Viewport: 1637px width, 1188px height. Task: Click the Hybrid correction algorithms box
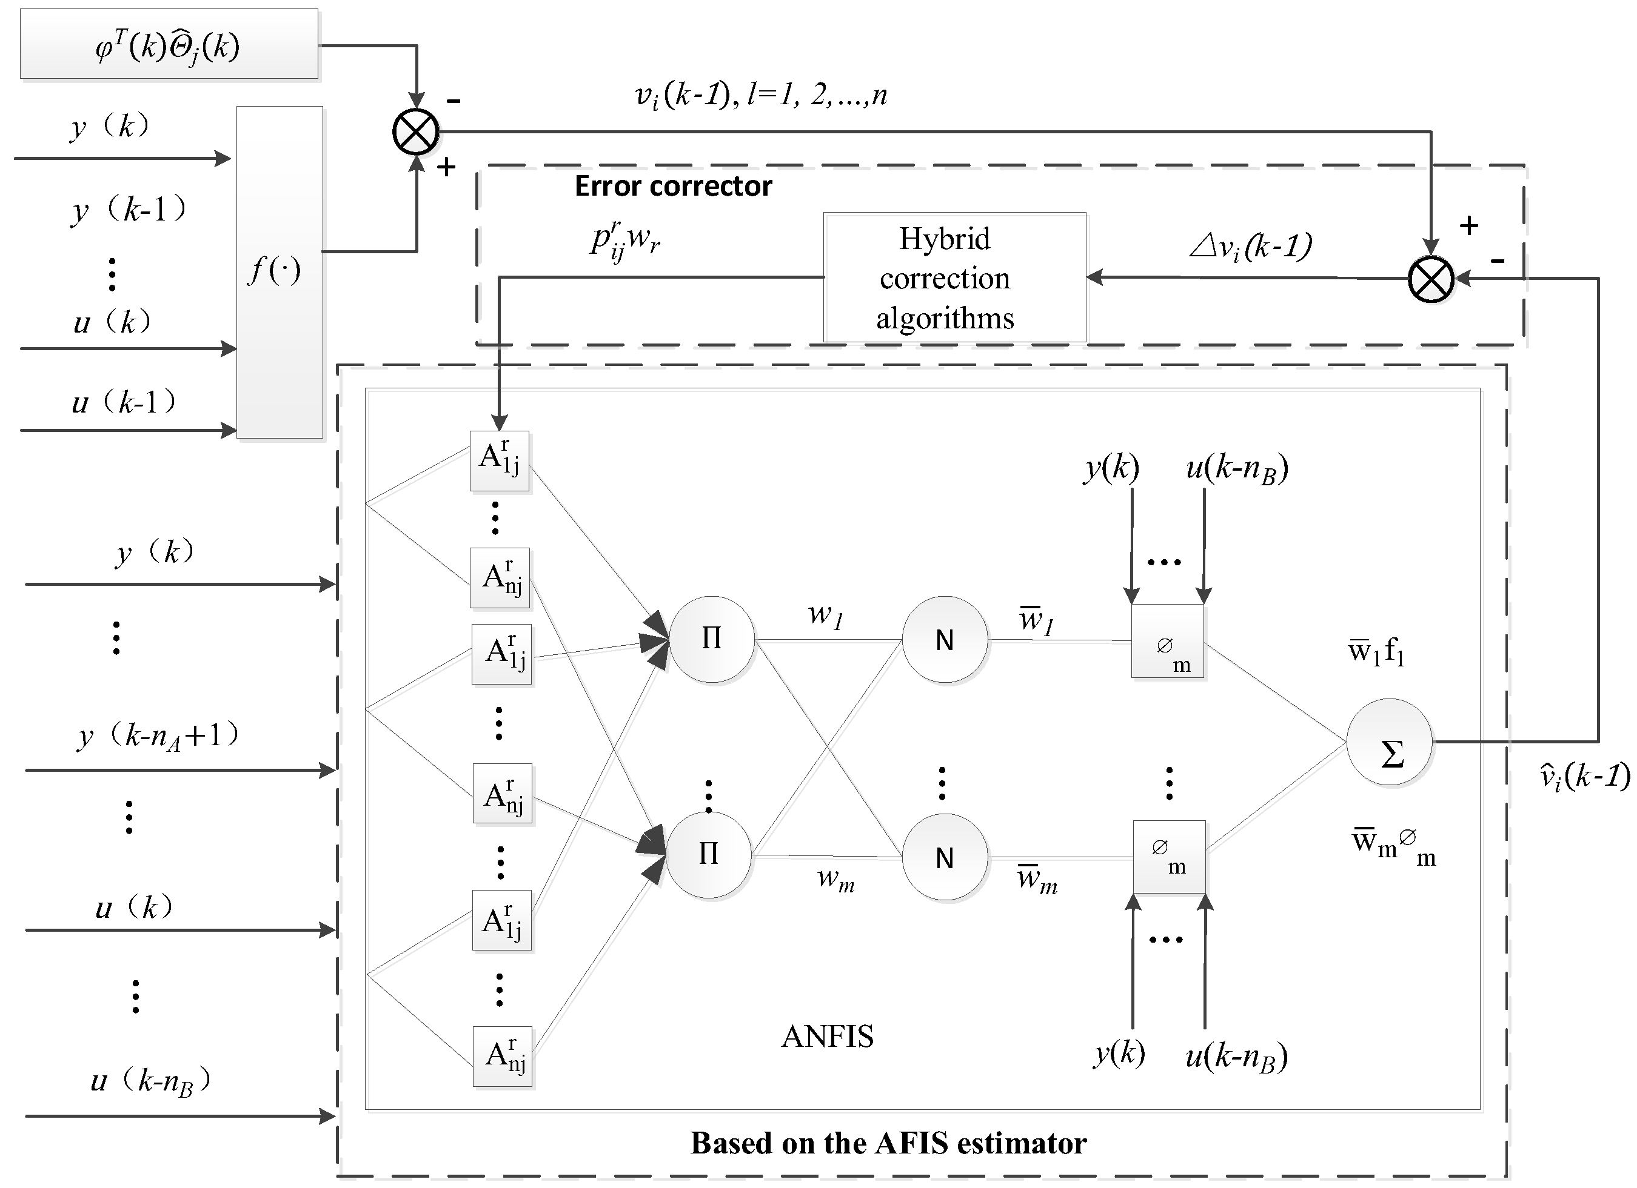(954, 277)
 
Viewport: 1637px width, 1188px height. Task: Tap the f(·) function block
(280, 272)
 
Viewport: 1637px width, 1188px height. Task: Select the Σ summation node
(1390, 742)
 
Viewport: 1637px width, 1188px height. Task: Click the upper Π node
(712, 639)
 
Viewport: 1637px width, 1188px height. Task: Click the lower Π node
(709, 855)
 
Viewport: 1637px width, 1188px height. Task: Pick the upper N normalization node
(944, 639)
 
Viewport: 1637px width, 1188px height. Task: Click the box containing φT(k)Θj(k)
(169, 45)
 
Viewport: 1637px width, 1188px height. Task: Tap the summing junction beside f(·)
(416, 132)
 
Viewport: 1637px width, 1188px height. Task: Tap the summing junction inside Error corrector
(1431, 279)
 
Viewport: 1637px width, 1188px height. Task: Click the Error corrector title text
(673, 186)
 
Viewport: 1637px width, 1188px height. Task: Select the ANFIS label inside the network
(827, 1037)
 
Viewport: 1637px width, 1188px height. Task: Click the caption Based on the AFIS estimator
(888, 1143)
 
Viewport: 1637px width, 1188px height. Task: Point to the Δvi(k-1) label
(1250, 247)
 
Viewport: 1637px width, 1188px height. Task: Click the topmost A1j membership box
(500, 460)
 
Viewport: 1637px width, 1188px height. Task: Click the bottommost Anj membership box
(503, 1056)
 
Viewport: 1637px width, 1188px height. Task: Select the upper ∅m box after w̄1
(1167, 641)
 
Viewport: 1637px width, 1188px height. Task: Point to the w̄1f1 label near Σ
(1376, 652)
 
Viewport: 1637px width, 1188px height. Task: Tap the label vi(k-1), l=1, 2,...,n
(760, 96)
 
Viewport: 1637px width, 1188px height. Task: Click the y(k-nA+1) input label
(158, 737)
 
